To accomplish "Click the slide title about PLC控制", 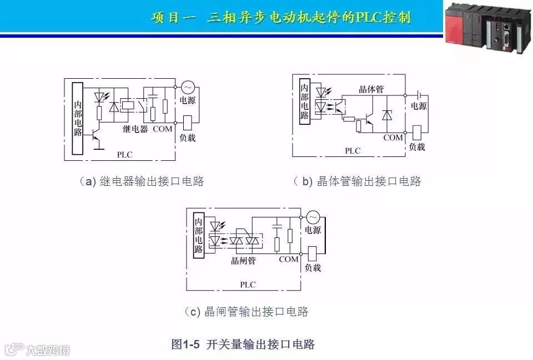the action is point(281,17).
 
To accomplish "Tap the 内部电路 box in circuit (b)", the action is point(304,102).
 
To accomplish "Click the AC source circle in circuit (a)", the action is point(187,88).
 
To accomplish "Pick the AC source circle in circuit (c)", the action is point(312,217).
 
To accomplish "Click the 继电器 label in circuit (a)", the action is point(135,129).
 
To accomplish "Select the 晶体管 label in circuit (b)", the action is point(371,89).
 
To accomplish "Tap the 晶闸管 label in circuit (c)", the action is point(243,260).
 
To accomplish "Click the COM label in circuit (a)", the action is point(162,129).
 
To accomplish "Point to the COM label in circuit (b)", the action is point(393,138).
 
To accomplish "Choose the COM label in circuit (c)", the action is point(289,259).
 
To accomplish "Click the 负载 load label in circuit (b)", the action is point(417,147).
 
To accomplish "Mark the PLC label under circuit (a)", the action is point(125,155).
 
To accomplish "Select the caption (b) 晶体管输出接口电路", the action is point(357,181).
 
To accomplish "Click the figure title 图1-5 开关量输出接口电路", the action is point(243,344).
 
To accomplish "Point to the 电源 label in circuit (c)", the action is point(313,230).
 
